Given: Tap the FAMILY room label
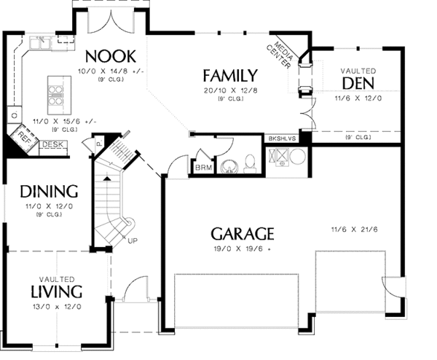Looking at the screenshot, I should click(229, 75).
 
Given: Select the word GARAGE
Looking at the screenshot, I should click(243, 234).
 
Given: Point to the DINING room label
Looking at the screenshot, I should click(49, 192).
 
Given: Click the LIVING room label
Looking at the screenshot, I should click(56, 291).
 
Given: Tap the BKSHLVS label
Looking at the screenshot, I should click(282, 138).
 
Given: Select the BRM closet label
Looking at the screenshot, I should click(202, 168).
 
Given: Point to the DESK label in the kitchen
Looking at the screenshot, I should click(51, 145).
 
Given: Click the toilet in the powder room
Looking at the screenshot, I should click(249, 163).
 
